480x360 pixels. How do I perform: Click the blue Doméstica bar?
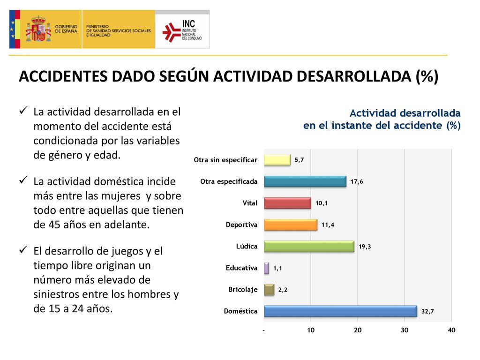[x=340, y=311]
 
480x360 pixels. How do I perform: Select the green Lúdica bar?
[x=309, y=247]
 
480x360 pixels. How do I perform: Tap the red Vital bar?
[x=287, y=203]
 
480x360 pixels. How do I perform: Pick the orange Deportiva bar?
[x=291, y=225]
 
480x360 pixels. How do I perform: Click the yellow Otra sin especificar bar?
[x=277, y=160]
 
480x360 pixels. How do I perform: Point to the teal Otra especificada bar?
[x=305, y=181]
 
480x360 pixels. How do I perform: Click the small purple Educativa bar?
[x=267, y=268]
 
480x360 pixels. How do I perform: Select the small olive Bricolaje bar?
[x=269, y=290]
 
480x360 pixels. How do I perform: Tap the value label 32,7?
[x=427, y=311]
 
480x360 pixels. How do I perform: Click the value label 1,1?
[x=277, y=268]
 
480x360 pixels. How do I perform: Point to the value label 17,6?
[x=357, y=181]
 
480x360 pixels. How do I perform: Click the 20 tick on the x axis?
[x=358, y=330]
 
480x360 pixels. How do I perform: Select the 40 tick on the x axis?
[x=451, y=330]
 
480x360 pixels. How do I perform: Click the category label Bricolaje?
[x=243, y=290]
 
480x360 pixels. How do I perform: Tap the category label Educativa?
[x=241, y=268]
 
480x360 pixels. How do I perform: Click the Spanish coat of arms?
[x=38, y=29]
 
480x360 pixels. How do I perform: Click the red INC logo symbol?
[x=172, y=32]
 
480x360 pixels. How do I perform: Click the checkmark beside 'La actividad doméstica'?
[x=23, y=180]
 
